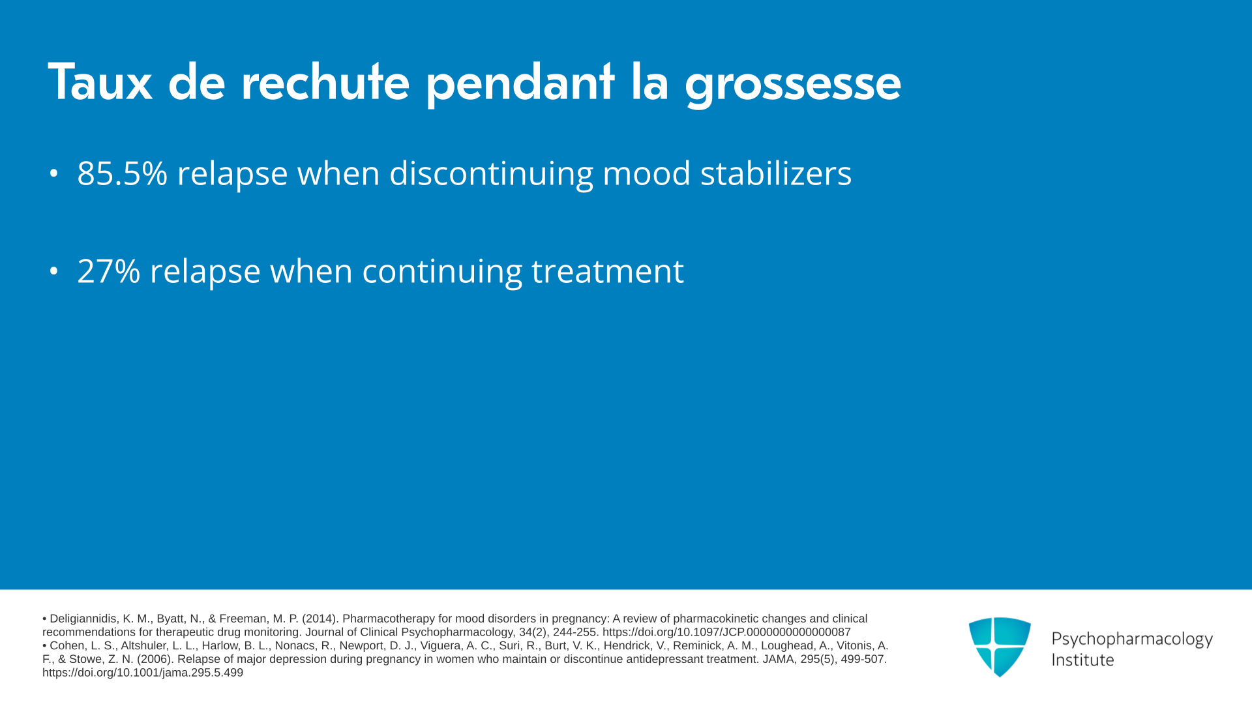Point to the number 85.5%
pos(123,173)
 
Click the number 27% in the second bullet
pos(109,271)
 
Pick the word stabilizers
pos(776,173)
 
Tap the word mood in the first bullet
pos(646,173)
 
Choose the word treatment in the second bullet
pos(608,271)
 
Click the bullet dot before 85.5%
pos(53,173)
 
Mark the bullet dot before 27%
pos(53,271)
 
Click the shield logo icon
pos(1000,647)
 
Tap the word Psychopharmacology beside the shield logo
pos(1132,639)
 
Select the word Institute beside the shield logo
pos(1082,660)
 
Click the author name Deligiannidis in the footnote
pos(84,619)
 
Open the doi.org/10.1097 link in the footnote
pos(726,632)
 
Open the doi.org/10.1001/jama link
pos(143,673)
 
